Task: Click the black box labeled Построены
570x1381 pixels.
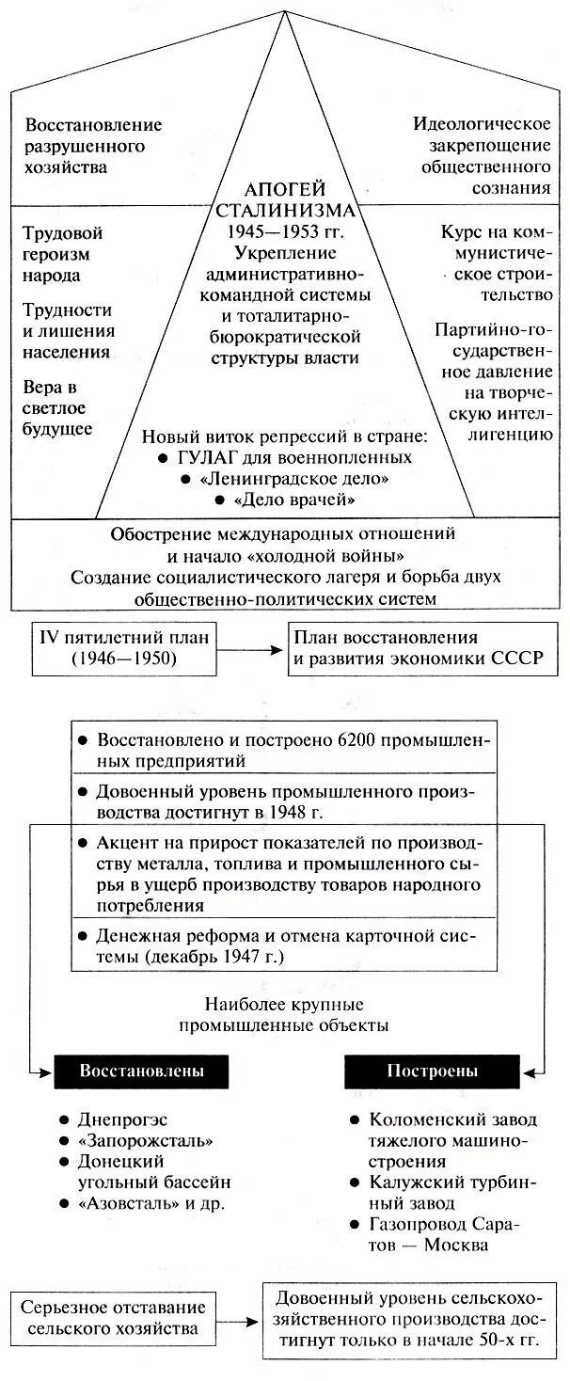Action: click(432, 1071)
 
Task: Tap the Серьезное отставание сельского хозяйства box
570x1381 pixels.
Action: click(116, 1319)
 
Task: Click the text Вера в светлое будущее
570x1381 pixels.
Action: click(58, 408)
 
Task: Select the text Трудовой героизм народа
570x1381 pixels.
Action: click(63, 254)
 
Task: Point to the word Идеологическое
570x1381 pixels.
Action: click(481, 124)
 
